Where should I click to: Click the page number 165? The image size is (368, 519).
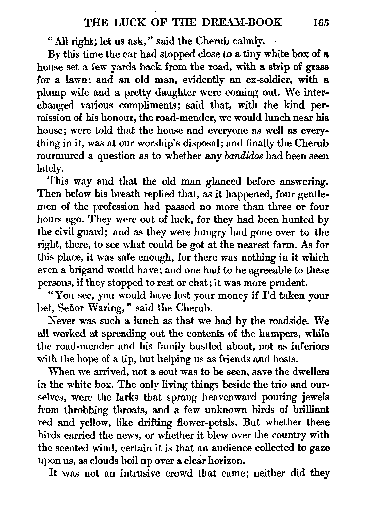pyautogui.click(x=321, y=23)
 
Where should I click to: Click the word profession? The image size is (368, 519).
pyautogui.click(x=116, y=207)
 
